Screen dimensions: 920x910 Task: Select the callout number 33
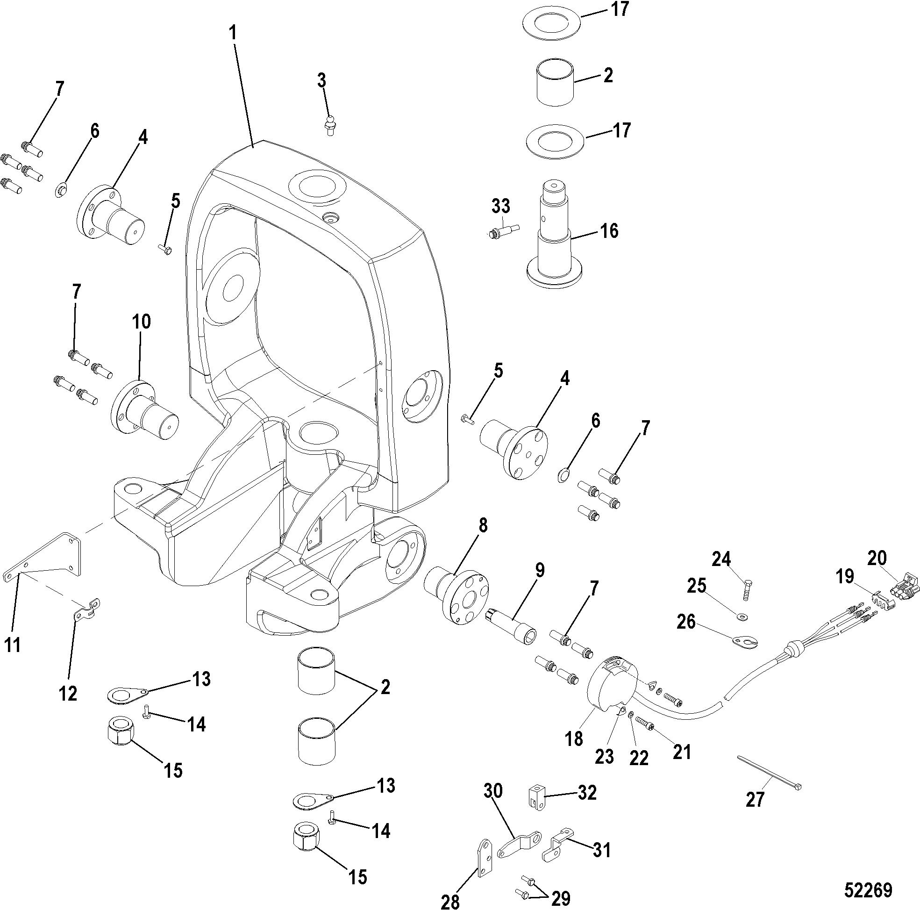(501, 206)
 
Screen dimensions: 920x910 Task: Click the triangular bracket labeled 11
(43, 558)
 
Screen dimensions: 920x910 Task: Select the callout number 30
(493, 792)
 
